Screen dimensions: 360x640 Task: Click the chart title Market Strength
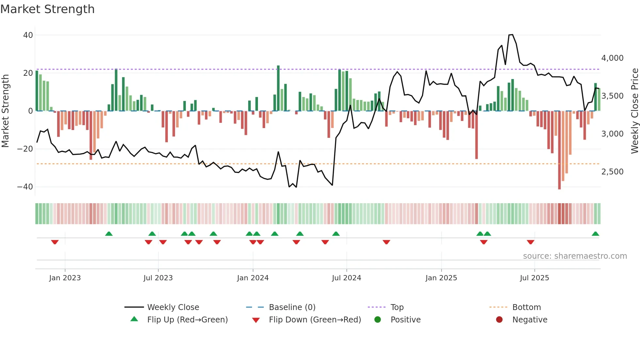click(x=47, y=9)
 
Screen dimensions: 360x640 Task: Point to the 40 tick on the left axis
click(x=28, y=35)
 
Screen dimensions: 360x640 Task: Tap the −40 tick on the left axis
click(x=25, y=187)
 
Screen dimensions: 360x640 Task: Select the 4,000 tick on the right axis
click(x=612, y=58)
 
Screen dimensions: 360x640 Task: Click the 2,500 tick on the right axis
click(x=612, y=172)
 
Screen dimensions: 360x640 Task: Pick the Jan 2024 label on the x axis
click(x=252, y=278)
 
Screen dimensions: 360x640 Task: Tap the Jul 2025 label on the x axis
click(x=534, y=278)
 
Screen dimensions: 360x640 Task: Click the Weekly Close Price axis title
click(x=634, y=111)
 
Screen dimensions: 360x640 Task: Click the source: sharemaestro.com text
click(x=575, y=256)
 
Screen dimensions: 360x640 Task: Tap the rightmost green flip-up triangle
click(x=595, y=234)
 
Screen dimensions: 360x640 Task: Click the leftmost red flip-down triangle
click(x=55, y=242)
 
